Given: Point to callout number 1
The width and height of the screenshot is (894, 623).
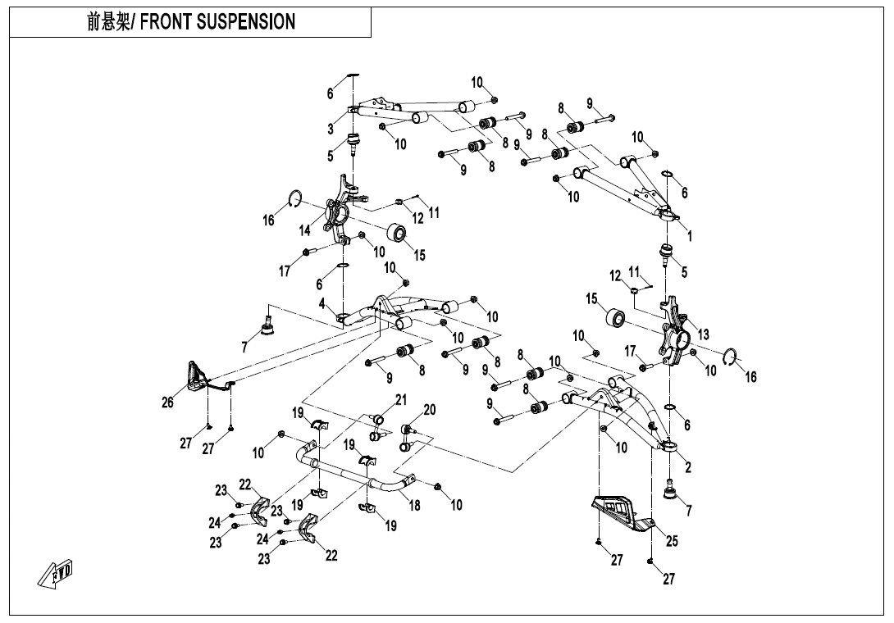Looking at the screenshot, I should tap(690, 237).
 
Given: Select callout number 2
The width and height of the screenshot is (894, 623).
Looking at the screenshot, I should tap(688, 468).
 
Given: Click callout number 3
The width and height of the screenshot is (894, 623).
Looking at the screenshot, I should tap(331, 129).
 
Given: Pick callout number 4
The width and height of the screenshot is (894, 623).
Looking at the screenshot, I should tap(323, 303).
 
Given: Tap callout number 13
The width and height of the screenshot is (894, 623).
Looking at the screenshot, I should tap(703, 334).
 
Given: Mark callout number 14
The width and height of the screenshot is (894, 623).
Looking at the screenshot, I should tap(305, 231).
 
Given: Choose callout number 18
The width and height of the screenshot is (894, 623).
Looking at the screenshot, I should tap(415, 506).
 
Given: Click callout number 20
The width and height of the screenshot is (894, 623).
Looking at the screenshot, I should tap(429, 409).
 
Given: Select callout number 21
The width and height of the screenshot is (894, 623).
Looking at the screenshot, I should tap(400, 400).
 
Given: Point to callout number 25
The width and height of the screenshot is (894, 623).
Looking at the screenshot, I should tap(672, 541).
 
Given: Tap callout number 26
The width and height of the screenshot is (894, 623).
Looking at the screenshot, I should tap(168, 402).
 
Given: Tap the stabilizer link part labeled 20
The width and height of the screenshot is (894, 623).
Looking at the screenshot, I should tap(406, 435).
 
